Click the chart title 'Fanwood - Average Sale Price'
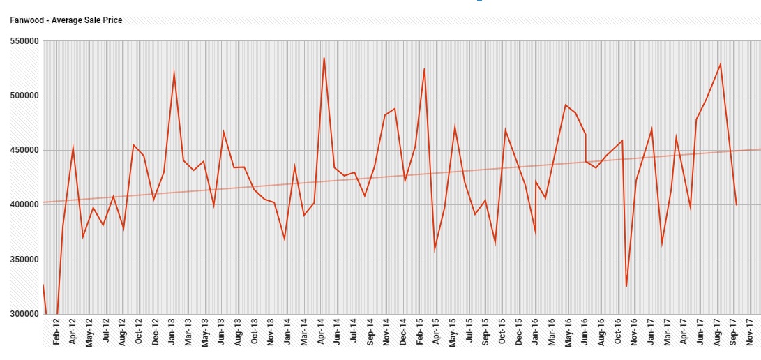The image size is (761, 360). (x=66, y=20)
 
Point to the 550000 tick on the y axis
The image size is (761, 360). (x=24, y=42)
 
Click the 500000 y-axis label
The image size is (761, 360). (x=24, y=96)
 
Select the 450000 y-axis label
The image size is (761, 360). (x=24, y=151)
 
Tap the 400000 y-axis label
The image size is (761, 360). (x=24, y=205)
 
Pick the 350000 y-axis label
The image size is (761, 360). (x=24, y=260)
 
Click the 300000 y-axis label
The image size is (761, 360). (x=24, y=314)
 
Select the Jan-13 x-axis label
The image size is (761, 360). (x=172, y=332)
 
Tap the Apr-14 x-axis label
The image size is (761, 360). (x=322, y=332)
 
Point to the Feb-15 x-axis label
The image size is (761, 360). (x=421, y=332)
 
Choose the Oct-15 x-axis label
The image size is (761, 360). (x=502, y=332)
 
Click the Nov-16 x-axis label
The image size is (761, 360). (x=635, y=332)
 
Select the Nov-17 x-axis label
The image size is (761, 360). (x=750, y=332)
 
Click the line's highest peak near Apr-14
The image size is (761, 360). (x=324, y=58)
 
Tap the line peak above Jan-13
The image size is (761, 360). (x=174, y=72)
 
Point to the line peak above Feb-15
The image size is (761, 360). (x=424, y=68)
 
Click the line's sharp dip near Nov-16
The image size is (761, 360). (x=626, y=286)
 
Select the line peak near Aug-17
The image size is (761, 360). (x=721, y=63)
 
